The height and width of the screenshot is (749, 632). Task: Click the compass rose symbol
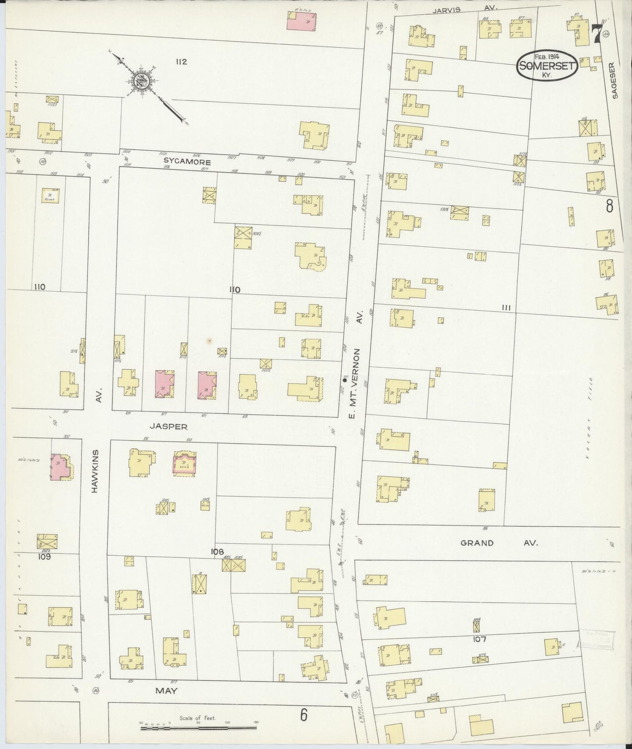tap(143, 82)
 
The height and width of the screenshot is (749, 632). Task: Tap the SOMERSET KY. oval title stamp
tap(547, 65)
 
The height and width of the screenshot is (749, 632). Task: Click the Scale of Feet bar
tap(198, 728)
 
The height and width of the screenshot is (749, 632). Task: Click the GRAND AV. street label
tap(499, 543)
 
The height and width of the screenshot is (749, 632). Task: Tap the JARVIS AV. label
tap(468, 9)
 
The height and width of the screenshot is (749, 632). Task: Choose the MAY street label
tap(167, 691)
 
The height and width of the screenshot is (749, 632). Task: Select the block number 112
tap(181, 62)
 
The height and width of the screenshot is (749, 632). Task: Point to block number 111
tap(506, 308)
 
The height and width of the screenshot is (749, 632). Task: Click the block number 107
tap(479, 639)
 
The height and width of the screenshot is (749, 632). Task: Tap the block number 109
tap(44, 557)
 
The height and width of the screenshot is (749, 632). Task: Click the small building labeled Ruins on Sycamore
tap(50, 195)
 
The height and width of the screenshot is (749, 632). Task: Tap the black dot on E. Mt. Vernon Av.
tap(345, 380)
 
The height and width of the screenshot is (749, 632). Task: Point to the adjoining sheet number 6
tap(304, 715)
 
